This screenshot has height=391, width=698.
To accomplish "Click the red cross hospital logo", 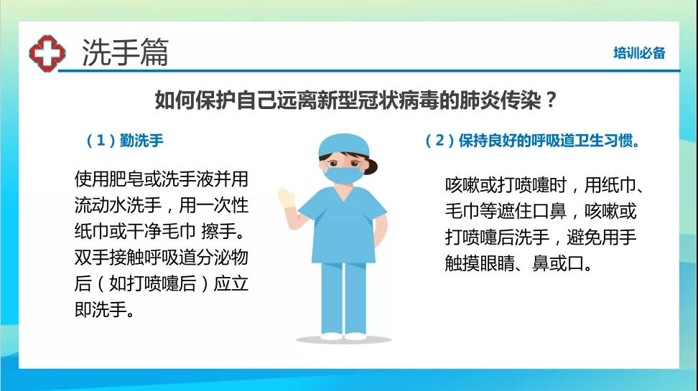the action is (x=47, y=53).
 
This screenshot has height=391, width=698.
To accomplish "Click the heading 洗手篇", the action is (x=125, y=52).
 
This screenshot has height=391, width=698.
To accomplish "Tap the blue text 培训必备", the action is (x=639, y=53).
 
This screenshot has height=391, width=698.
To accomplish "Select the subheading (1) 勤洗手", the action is (x=125, y=141).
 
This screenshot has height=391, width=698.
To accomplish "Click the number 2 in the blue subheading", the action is (x=439, y=141).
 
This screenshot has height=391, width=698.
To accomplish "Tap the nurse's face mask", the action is (x=344, y=174).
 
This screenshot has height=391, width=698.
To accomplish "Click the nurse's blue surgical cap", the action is (x=344, y=145).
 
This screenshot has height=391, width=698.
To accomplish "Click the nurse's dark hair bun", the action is (x=371, y=167).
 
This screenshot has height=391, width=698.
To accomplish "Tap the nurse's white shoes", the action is (x=343, y=336).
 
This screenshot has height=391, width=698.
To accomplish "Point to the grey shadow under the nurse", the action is (x=344, y=340).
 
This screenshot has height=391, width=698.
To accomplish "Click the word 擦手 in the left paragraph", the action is (x=218, y=231).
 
